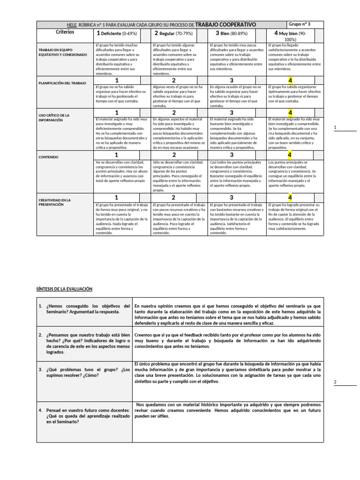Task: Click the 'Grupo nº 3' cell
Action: coord(300,24)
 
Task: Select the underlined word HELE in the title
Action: coord(72,25)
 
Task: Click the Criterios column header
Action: coord(65,33)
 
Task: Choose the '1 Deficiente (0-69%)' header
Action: coord(117,33)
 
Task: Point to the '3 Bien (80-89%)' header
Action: coord(231,33)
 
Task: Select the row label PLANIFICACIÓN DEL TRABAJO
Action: coord(63,83)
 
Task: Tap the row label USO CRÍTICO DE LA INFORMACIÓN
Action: coord(54,117)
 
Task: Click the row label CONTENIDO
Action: coord(48,157)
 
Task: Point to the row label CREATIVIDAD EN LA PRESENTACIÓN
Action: coord(54,202)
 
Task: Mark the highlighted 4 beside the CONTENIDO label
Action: coord(290,155)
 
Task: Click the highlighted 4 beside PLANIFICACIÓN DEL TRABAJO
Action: coord(290,81)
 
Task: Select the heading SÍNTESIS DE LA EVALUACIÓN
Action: coord(65,289)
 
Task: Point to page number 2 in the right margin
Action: coord(335,382)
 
